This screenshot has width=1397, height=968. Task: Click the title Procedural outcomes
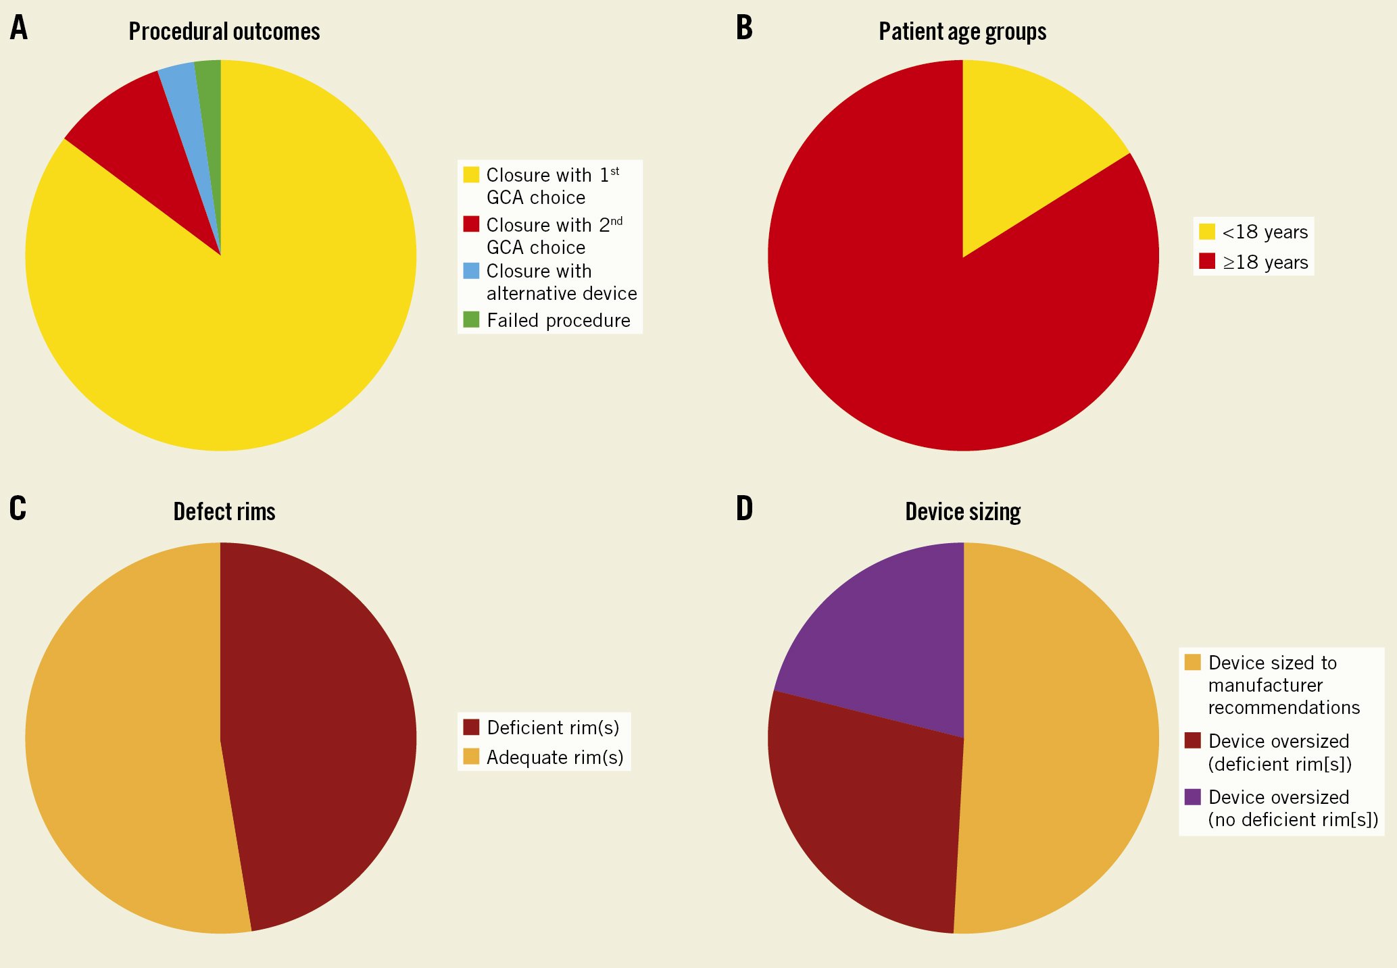pos(224,32)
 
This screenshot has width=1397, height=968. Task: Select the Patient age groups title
pos(962,32)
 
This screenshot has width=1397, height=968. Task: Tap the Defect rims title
pos(224,512)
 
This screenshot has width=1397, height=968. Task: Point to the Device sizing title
pos(962,512)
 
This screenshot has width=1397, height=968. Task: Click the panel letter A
pos(19,28)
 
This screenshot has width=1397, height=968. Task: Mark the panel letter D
pos(744,509)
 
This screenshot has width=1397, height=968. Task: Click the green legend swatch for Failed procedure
pos(471,320)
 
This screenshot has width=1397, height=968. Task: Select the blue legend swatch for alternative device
pos(471,271)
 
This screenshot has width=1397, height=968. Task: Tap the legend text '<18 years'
pos(1265,232)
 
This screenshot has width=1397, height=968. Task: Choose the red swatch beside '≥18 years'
pos(1207,261)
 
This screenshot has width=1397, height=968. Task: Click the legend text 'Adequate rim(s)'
pos(555,757)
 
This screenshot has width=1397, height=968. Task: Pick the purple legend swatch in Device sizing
pos(1193,797)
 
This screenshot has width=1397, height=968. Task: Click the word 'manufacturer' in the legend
pos(1265,686)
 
